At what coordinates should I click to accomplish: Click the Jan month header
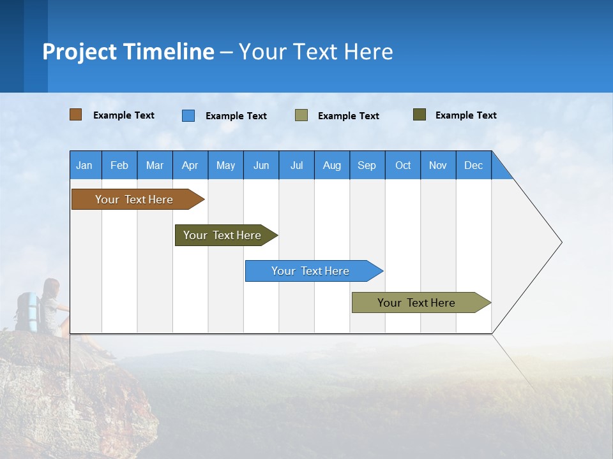click(84, 165)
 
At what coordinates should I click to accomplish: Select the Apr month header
click(190, 165)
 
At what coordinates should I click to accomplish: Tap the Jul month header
click(296, 165)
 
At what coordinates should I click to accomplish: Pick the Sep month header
click(367, 165)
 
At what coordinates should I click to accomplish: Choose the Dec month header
click(473, 165)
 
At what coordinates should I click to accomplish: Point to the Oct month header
click(403, 165)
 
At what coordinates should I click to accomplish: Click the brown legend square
click(75, 115)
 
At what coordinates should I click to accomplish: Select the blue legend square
click(188, 115)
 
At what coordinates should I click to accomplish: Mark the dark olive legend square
click(420, 115)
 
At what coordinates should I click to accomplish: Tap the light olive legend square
click(301, 115)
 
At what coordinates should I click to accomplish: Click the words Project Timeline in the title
click(128, 52)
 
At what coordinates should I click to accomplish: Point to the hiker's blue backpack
click(27, 310)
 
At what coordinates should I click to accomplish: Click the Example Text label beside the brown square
click(124, 115)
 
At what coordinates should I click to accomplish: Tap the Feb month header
click(119, 165)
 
